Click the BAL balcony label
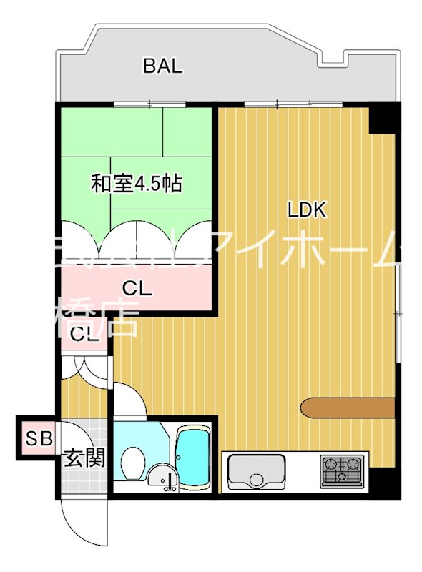163,66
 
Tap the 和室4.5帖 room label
135,184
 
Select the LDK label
307,210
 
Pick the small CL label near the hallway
84,334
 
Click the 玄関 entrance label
84,458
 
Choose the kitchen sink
256,473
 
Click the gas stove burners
342,471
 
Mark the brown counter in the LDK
348,407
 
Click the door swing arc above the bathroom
129,399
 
